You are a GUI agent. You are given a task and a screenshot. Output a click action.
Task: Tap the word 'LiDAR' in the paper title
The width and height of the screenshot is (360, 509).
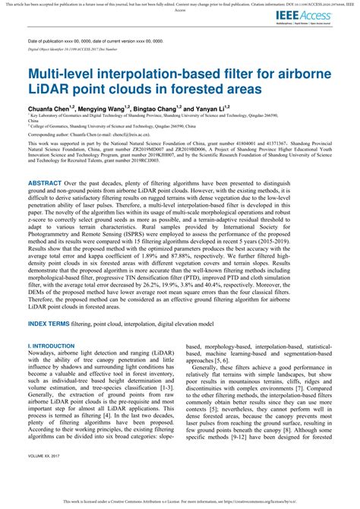coord(49,90)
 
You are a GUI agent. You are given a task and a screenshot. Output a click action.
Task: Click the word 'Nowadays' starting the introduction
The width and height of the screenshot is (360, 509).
coord(42,354)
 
